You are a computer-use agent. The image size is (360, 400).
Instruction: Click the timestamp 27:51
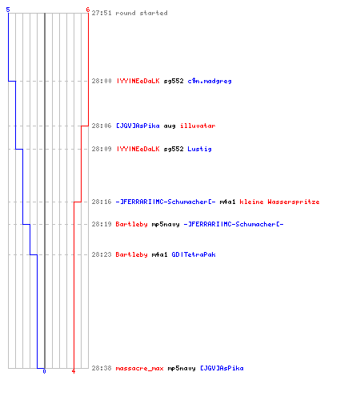pyautogui.click(x=102, y=13)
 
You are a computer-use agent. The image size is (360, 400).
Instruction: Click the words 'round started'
pyautogui.click(x=142, y=13)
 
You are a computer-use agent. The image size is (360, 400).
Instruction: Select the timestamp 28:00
pyautogui.click(x=102, y=81)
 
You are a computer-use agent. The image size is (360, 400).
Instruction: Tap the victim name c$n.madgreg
pyautogui.click(x=210, y=81)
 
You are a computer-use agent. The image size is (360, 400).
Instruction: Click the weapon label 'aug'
pyautogui.click(x=170, y=126)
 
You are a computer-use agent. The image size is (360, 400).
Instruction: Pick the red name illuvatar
pyautogui.click(x=198, y=126)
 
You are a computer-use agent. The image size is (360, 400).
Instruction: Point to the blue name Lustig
pyautogui.click(x=199, y=149)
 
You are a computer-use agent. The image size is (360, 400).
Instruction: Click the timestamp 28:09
pyautogui.click(x=102, y=149)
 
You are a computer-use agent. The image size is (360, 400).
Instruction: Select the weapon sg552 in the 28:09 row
pyautogui.click(x=174, y=149)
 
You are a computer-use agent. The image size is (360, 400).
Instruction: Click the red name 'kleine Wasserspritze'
pyautogui.click(x=279, y=202)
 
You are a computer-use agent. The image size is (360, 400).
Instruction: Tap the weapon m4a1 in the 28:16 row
pyautogui.click(x=227, y=202)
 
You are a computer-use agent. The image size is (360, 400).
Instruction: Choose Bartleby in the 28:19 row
pyautogui.click(x=131, y=224)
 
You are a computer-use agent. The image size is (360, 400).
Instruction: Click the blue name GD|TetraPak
pyautogui.click(x=194, y=254)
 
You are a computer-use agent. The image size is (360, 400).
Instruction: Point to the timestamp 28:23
pyautogui.click(x=102, y=254)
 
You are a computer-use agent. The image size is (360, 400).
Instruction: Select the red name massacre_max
pyautogui.click(x=139, y=368)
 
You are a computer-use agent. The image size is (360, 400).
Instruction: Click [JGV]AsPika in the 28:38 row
pyautogui.click(x=222, y=368)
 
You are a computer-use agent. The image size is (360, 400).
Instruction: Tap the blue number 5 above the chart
pyautogui.click(x=8, y=10)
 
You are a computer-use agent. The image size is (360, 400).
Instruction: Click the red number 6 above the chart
pyautogui.click(x=88, y=10)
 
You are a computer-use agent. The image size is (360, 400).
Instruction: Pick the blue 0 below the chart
pyautogui.click(x=44, y=371)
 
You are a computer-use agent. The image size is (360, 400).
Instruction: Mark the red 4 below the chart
pyautogui.click(x=74, y=371)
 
